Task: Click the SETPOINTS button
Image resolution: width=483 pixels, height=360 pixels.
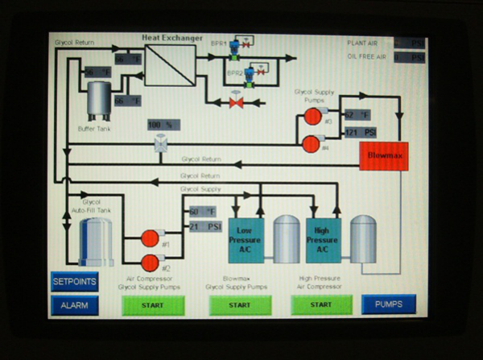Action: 75,282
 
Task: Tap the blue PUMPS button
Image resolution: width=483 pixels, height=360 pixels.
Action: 389,304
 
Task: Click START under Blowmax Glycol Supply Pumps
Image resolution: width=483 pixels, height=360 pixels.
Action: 239,305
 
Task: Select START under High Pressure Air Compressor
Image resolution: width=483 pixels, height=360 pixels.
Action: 321,304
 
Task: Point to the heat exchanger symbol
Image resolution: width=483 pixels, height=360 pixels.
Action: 170,65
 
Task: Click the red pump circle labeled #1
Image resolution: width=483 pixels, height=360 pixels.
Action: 150,238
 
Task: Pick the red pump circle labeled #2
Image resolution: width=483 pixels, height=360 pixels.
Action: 150,262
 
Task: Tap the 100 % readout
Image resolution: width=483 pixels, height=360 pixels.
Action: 163,125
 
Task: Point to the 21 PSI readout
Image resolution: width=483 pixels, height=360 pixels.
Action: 204,226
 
